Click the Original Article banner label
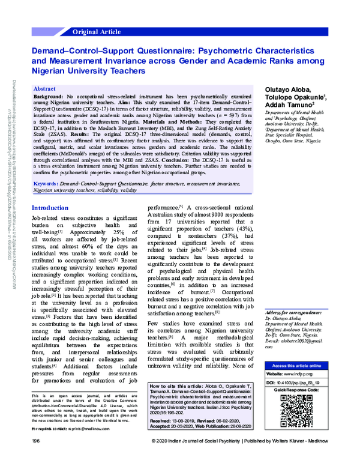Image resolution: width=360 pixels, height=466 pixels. click(97, 31)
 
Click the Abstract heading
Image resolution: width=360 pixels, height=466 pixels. click(47, 88)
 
